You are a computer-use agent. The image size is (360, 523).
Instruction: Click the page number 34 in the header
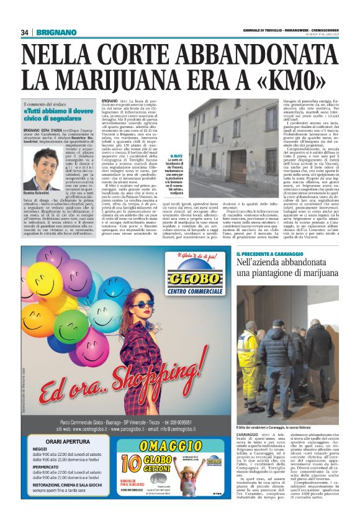[x=25, y=32]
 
